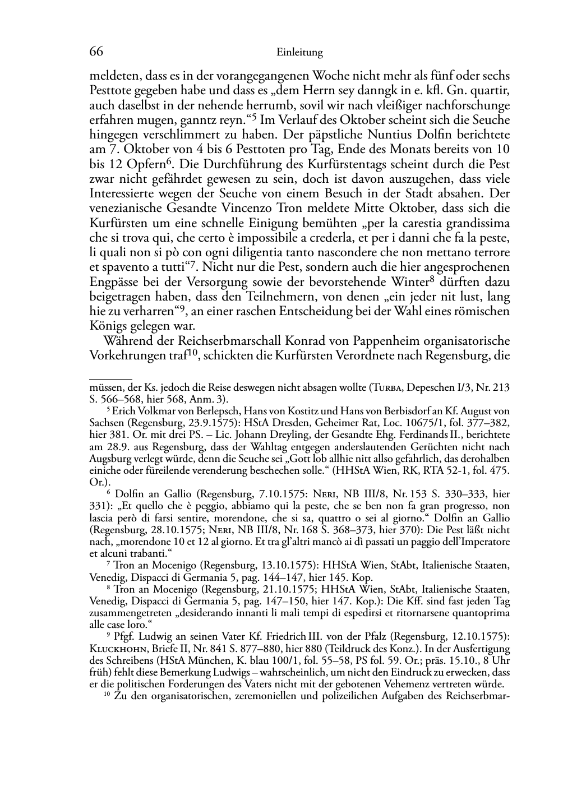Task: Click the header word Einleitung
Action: point(300,53)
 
